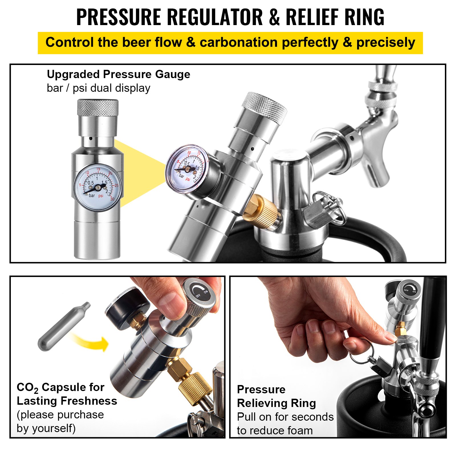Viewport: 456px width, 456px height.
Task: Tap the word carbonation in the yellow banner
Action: click(238, 43)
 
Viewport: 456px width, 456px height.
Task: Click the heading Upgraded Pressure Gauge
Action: click(118, 74)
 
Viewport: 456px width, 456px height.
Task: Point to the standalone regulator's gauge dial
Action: click(97, 187)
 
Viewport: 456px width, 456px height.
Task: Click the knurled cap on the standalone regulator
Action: click(98, 108)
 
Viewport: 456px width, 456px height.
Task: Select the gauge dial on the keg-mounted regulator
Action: click(187, 169)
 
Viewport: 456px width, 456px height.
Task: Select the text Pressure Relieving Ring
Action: click(276, 396)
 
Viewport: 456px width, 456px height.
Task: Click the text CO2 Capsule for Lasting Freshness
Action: click(67, 394)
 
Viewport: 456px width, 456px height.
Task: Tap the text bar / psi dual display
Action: click(98, 88)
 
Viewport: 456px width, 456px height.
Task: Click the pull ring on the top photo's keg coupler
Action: click(331, 204)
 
